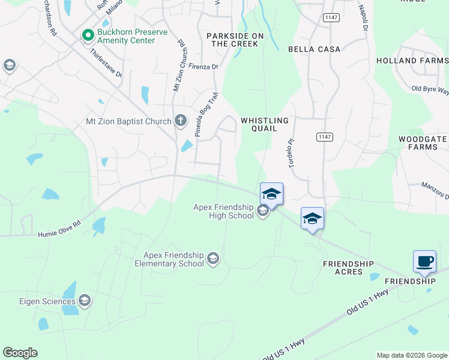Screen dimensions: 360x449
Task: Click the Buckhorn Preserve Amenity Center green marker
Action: [x=88, y=36]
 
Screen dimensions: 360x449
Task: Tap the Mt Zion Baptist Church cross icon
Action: [x=179, y=121]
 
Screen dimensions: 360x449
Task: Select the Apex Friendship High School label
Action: [x=224, y=211]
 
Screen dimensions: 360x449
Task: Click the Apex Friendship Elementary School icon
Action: [x=212, y=259]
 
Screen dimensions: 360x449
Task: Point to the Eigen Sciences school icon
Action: [x=85, y=301]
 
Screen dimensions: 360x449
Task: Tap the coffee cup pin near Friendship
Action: [x=424, y=262]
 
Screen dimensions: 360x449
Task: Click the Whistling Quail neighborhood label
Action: [x=265, y=124]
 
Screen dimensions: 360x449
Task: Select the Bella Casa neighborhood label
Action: [x=314, y=49]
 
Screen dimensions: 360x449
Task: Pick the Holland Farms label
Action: [x=412, y=61]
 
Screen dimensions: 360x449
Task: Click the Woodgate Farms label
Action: [x=423, y=143]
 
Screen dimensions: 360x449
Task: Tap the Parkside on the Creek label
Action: [x=235, y=40]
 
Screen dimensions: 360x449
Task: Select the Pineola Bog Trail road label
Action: [x=205, y=115]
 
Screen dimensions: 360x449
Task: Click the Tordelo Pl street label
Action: [x=293, y=154]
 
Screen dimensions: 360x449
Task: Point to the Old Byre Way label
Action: [x=430, y=89]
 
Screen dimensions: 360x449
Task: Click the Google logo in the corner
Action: [x=20, y=353]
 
